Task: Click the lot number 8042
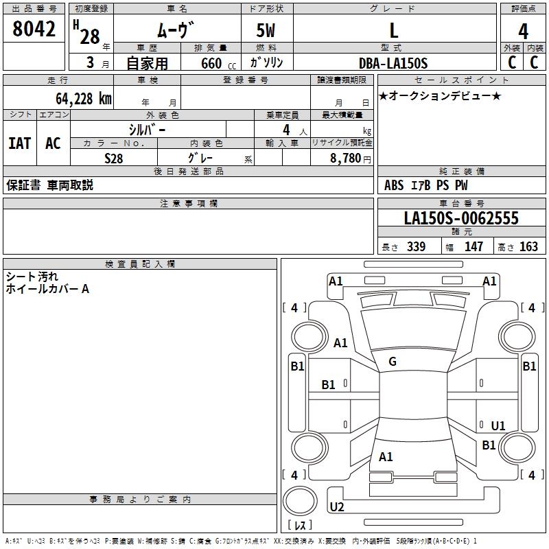(34, 30)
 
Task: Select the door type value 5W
(266, 31)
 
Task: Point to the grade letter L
(393, 31)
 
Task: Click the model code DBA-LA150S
(393, 63)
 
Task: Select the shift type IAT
(19, 143)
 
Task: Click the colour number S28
(114, 158)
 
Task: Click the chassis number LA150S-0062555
(461, 219)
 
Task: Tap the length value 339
(416, 247)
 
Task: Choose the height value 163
(528, 247)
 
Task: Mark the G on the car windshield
(393, 362)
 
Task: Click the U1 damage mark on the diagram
(498, 426)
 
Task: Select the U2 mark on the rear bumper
(337, 507)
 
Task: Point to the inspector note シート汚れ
(32, 277)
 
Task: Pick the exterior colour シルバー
(147, 129)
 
